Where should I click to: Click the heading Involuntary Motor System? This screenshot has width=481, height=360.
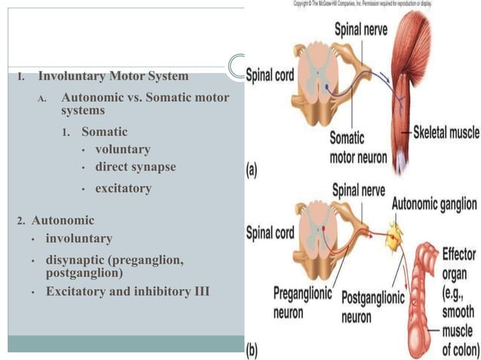click(113, 76)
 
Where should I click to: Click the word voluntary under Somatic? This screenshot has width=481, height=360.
click(122, 149)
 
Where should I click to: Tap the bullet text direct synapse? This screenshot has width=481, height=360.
click(135, 166)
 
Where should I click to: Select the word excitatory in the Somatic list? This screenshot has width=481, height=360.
click(122, 188)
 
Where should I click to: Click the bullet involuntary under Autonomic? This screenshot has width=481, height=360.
click(78, 238)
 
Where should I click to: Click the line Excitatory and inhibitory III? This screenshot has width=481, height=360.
click(127, 291)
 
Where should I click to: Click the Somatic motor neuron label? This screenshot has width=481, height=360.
click(357, 148)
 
